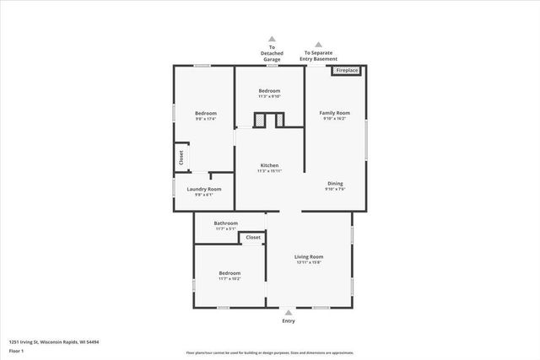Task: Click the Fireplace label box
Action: (346, 71)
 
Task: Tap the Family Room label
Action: (334, 113)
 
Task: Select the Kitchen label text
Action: (269, 165)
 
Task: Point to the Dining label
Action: (335, 183)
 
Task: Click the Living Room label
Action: (309, 256)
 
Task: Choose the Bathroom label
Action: (225, 223)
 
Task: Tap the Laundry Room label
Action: (204, 189)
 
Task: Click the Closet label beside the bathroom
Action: (253, 239)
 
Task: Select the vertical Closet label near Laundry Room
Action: (180, 158)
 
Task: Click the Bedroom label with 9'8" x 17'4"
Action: (206, 113)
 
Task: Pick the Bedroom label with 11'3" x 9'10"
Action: (269, 90)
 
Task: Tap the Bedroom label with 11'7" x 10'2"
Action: (229, 273)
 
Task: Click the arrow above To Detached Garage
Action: (272, 38)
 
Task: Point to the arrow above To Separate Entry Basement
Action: (318, 44)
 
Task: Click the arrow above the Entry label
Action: (289, 312)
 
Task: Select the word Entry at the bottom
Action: (289, 321)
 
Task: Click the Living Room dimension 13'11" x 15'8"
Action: (309, 263)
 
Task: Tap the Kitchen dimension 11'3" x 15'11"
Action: (269, 171)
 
